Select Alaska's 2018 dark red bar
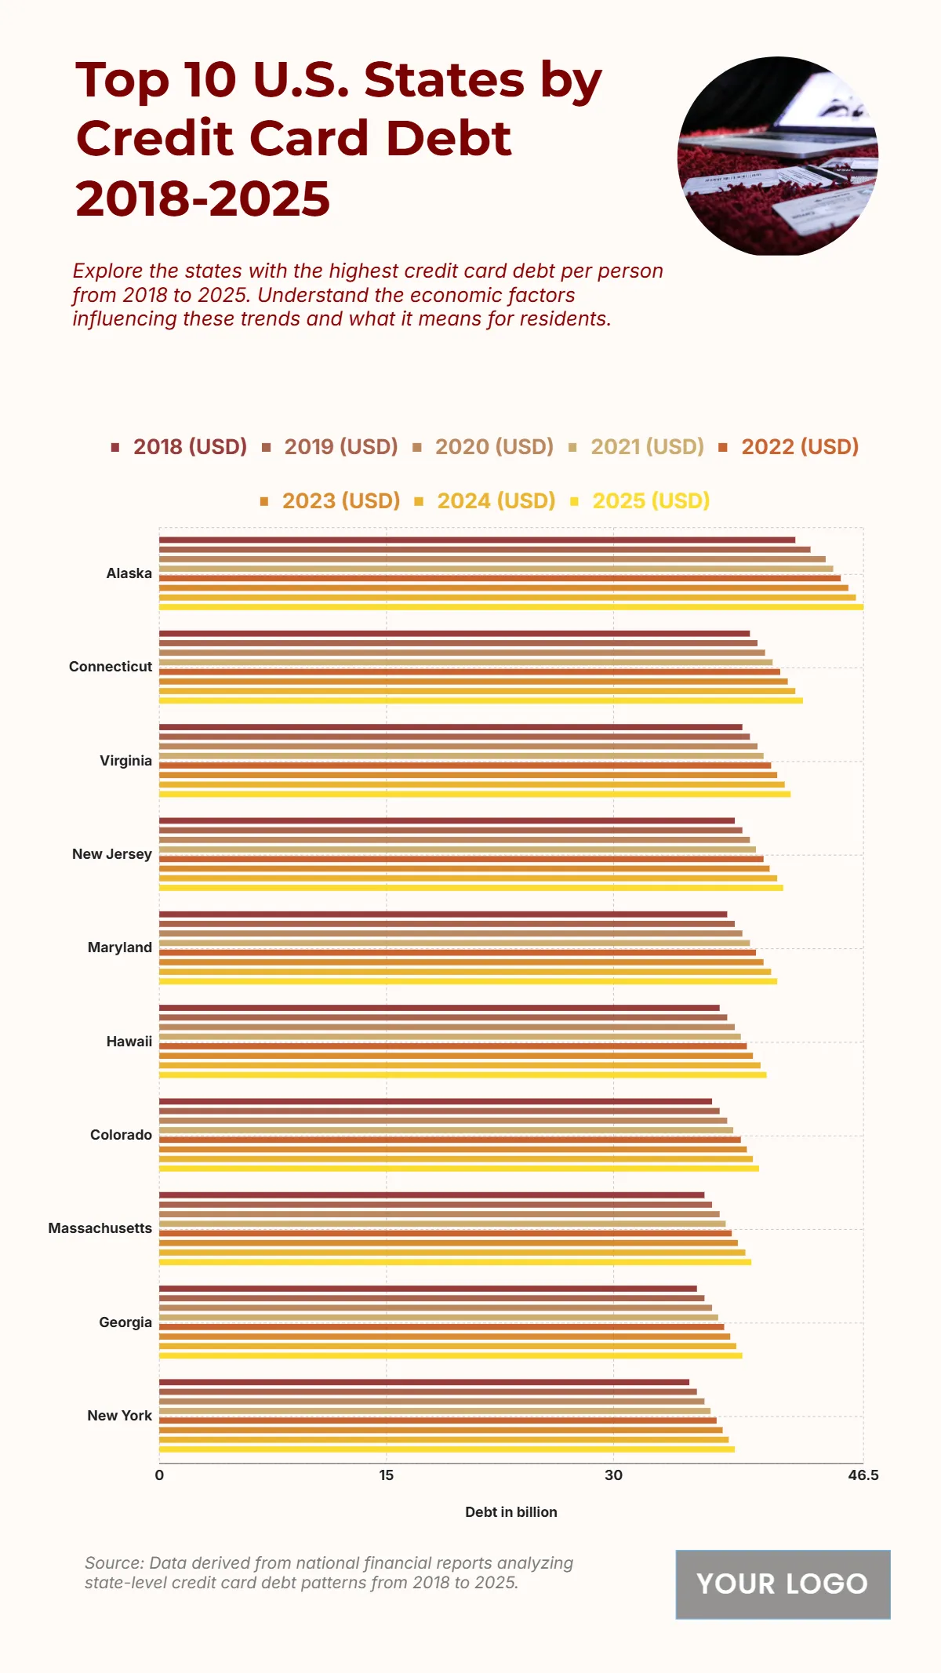pos(477,540)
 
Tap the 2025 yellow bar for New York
pos(447,1449)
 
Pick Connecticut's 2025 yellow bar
pos(480,700)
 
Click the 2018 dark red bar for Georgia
pos(427,1288)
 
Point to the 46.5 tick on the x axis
pos(863,1475)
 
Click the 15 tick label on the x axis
pos(386,1475)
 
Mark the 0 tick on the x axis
pos(159,1475)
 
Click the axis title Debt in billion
pos(510,1512)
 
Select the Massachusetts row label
pos(100,1228)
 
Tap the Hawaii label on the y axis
pos(129,1042)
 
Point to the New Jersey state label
pos(111,854)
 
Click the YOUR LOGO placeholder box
pos(783,1584)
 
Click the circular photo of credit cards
pos(777,156)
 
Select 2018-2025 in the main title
pos(202,198)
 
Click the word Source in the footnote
pos(112,1563)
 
